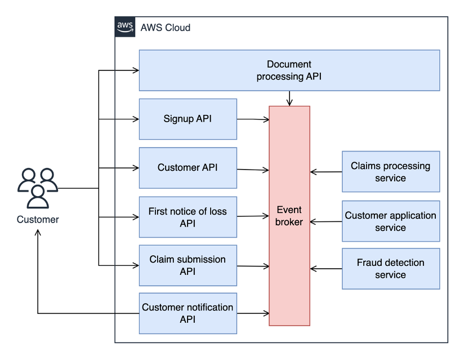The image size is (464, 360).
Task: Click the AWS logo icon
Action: click(x=125, y=27)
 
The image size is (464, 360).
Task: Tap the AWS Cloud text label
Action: click(x=165, y=28)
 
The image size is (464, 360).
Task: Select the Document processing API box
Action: click(x=289, y=70)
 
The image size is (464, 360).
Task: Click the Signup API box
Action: click(x=188, y=119)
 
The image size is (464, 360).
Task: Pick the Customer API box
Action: click(x=188, y=168)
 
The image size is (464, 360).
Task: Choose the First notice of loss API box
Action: click(x=188, y=217)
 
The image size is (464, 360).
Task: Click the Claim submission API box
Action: click(x=188, y=265)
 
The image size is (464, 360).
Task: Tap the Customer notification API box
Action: click(x=188, y=313)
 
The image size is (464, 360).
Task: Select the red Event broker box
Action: click(x=289, y=216)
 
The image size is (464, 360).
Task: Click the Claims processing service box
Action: click(x=390, y=172)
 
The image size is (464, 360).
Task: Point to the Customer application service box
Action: click(x=390, y=221)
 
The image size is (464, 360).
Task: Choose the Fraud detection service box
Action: click(x=390, y=269)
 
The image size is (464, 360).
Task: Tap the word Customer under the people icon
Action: click(x=38, y=220)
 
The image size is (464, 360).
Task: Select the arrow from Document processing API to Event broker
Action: click(x=289, y=98)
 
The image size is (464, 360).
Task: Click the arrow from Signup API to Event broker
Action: click(x=253, y=119)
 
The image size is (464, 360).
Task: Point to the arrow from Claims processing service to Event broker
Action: click(x=326, y=172)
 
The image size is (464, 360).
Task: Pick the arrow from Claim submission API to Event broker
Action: click(x=253, y=265)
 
